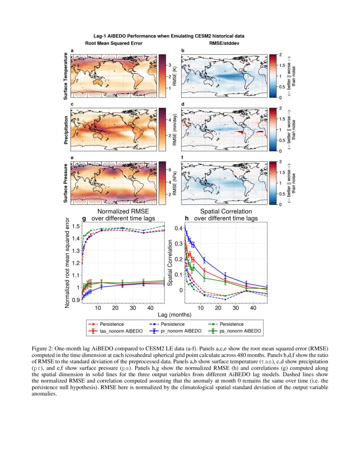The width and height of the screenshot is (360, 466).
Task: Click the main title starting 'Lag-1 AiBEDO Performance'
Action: (x=169, y=36)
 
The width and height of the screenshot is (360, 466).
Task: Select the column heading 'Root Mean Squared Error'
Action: (x=114, y=43)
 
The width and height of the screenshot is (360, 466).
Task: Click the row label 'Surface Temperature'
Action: (x=66, y=76)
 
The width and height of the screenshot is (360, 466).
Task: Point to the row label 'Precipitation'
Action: (x=66, y=129)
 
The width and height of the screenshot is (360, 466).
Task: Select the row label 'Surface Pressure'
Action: (x=66, y=183)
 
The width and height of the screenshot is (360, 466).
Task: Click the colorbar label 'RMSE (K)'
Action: (x=174, y=76)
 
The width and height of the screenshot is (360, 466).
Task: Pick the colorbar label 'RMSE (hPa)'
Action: (x=174, y=183)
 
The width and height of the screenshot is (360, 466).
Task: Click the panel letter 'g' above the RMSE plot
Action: (x=84, y=219)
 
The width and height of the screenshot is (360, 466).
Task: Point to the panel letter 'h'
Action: (x=187, y=219)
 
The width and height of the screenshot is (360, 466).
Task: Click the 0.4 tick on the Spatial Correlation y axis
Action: (x=178, y=228)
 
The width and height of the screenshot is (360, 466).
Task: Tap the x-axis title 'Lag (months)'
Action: (x=174, y=315)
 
